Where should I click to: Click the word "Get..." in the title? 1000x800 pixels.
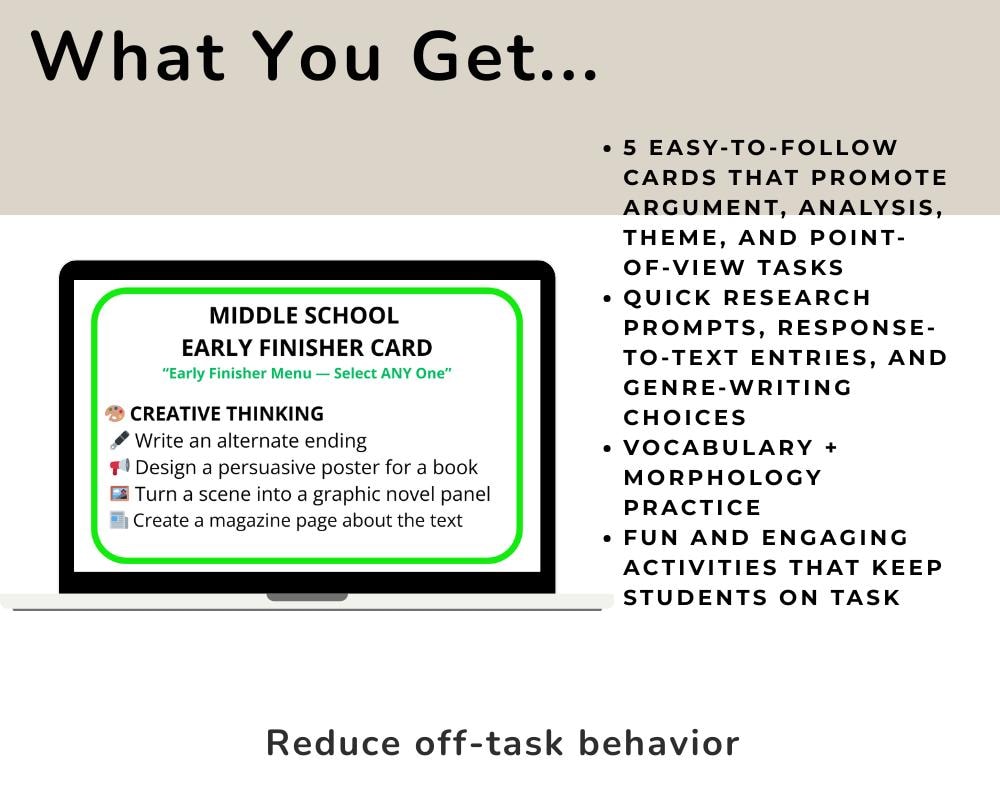click(x=505, y=57)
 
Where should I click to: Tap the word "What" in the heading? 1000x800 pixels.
click(x=125, y=57)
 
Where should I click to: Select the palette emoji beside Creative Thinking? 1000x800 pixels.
click(x=115, y=414)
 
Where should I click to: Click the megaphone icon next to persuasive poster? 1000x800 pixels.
click(x=119, y=467)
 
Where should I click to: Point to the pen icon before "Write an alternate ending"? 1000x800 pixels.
click(x=119, y=440)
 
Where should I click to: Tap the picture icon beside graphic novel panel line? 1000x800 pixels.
click(x=119, y=494)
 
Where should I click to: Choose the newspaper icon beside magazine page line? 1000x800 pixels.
click(x=119, y=520)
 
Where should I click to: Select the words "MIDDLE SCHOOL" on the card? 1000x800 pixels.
click(x=304, y=316)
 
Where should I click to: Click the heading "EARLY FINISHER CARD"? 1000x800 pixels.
click(x=307, y=348)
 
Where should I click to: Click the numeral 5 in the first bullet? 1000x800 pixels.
click(x=631, y=148)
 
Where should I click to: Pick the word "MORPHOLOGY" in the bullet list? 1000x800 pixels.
click(x=722, y=477)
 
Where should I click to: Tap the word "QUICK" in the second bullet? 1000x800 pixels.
click(x=666, y=297)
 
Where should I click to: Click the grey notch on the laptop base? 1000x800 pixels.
click(x=307, y=597)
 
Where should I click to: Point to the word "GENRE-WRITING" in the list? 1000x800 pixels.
click(x=738, y=387)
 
